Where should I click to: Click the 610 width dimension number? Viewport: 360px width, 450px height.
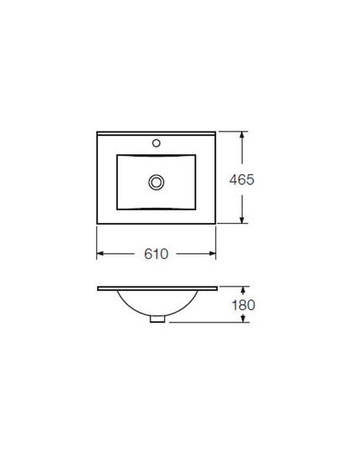[157, 254]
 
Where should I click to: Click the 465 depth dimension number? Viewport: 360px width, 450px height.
[242, 179]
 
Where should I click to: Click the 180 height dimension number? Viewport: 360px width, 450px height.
[244, 305]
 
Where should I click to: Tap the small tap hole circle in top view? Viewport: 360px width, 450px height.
[157, 143]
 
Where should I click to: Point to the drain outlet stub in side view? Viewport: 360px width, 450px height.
[157, 318]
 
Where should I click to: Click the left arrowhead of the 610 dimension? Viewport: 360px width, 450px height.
[100, 253]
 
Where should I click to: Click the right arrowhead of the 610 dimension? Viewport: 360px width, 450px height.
[213, 253]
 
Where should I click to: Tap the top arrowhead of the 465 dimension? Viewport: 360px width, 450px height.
[242, 135]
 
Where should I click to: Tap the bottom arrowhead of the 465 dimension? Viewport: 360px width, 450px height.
[242, 220]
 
